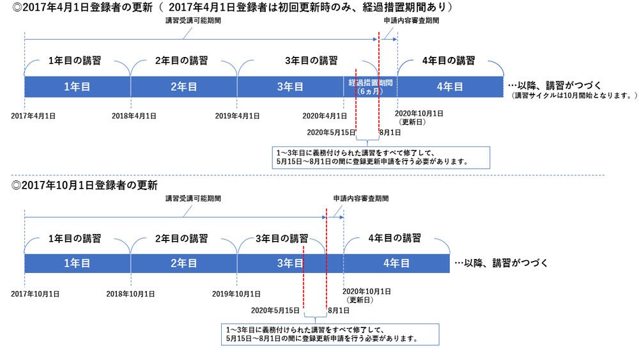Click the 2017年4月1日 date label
pos(33,116)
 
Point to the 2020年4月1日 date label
pos(325,116)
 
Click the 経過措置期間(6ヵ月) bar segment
pos(370,87)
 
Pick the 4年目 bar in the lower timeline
pos(396,263)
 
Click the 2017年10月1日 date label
pos(36,293)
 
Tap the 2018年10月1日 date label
pos(130,293)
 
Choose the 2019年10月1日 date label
pos(236,293)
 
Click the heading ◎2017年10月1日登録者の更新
pos(84,185)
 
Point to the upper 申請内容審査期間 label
pos(412,20)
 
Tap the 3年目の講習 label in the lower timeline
pos(282,239)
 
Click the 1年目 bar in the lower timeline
pos(77,263)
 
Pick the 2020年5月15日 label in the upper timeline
pos(330,132)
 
